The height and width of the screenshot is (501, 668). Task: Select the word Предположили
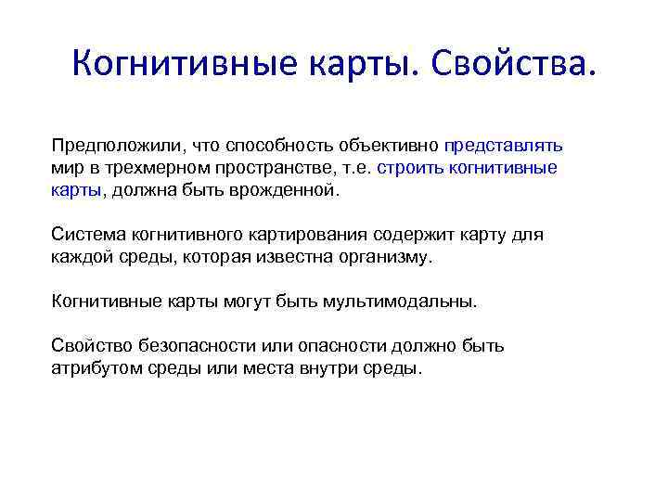[x=112, y=146]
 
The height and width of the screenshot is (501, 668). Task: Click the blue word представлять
[x=503, y=146]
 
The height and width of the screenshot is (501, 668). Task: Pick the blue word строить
[x=408, y=169]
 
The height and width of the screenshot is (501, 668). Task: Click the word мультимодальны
[x=401, y=302]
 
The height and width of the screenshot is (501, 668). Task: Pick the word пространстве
[x=265, y=169]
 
